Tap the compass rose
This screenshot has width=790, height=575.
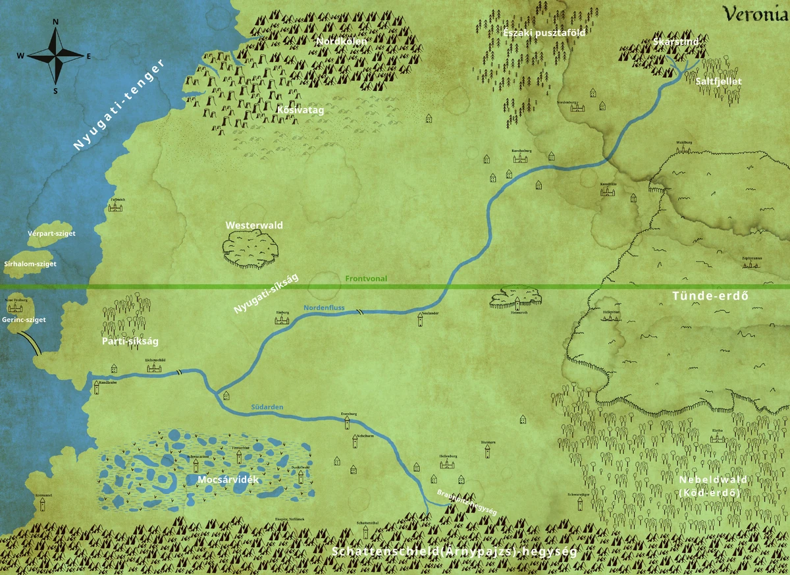coord(55,56)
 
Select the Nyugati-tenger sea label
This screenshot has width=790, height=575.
coord(118,105)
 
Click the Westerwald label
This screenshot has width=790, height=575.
coord(254,225)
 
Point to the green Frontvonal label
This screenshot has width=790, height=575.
coord(366,279)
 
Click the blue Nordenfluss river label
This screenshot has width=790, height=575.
coord(324,307)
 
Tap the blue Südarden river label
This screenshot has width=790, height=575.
coord(267,407)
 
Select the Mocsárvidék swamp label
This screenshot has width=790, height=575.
coord(228,479)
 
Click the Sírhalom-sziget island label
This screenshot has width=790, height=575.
coord(30,263)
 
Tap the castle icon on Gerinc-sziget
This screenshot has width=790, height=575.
coord(15,308)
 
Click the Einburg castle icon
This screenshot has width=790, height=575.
coord(282,320)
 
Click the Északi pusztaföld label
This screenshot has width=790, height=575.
coord(535,32)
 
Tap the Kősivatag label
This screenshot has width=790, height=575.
coord(300,110)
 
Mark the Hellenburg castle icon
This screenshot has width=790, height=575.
coord(448,464)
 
